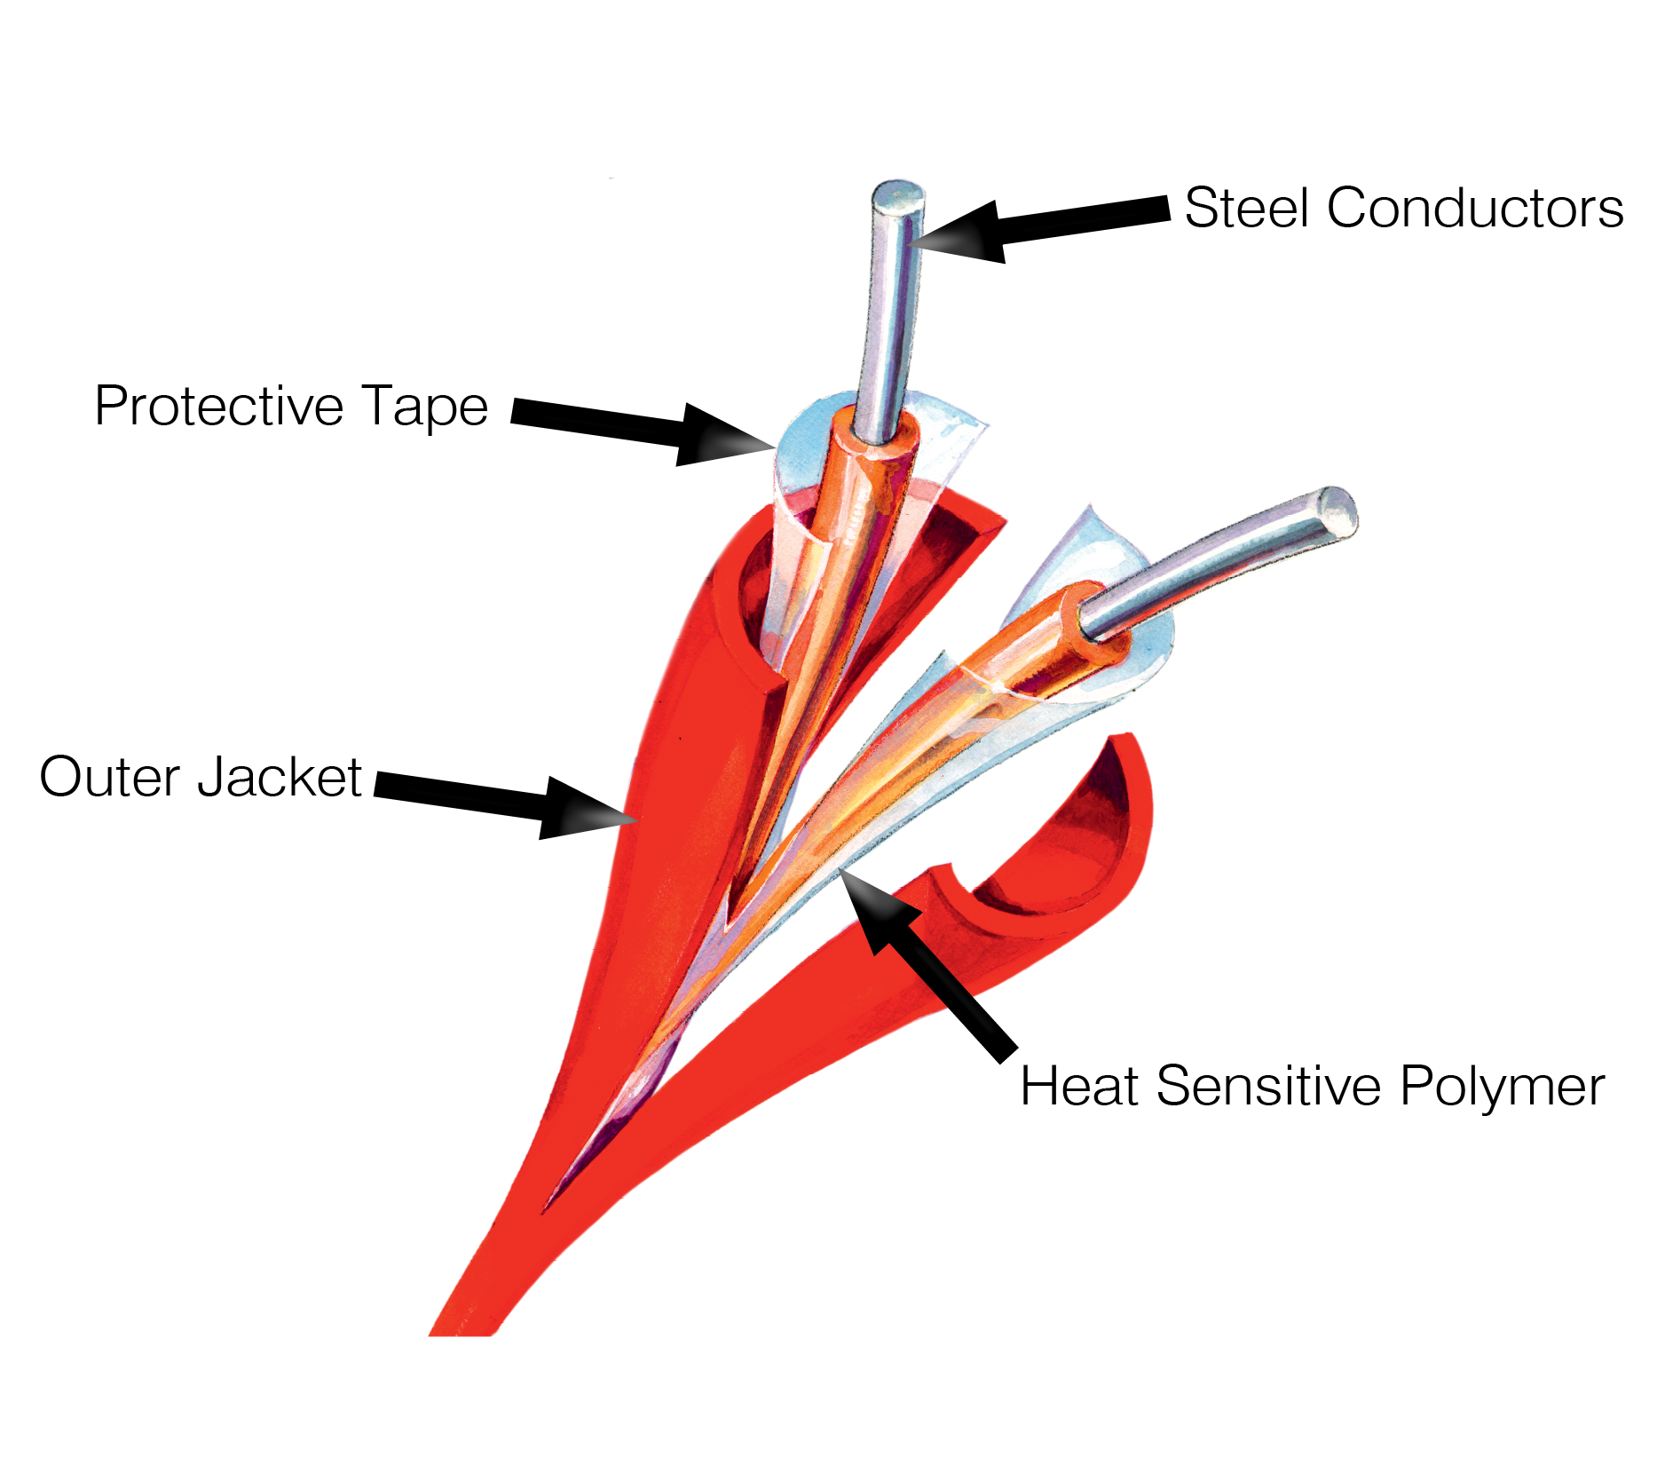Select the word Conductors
[x=1474, y=209]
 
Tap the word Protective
[x=217, y=407]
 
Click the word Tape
[x=424, y=408]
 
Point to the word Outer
[x=109, y=778]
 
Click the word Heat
[x=1077, y=1086]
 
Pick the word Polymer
[x=1502, y=1086]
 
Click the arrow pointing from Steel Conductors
[x=1038, y=227]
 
